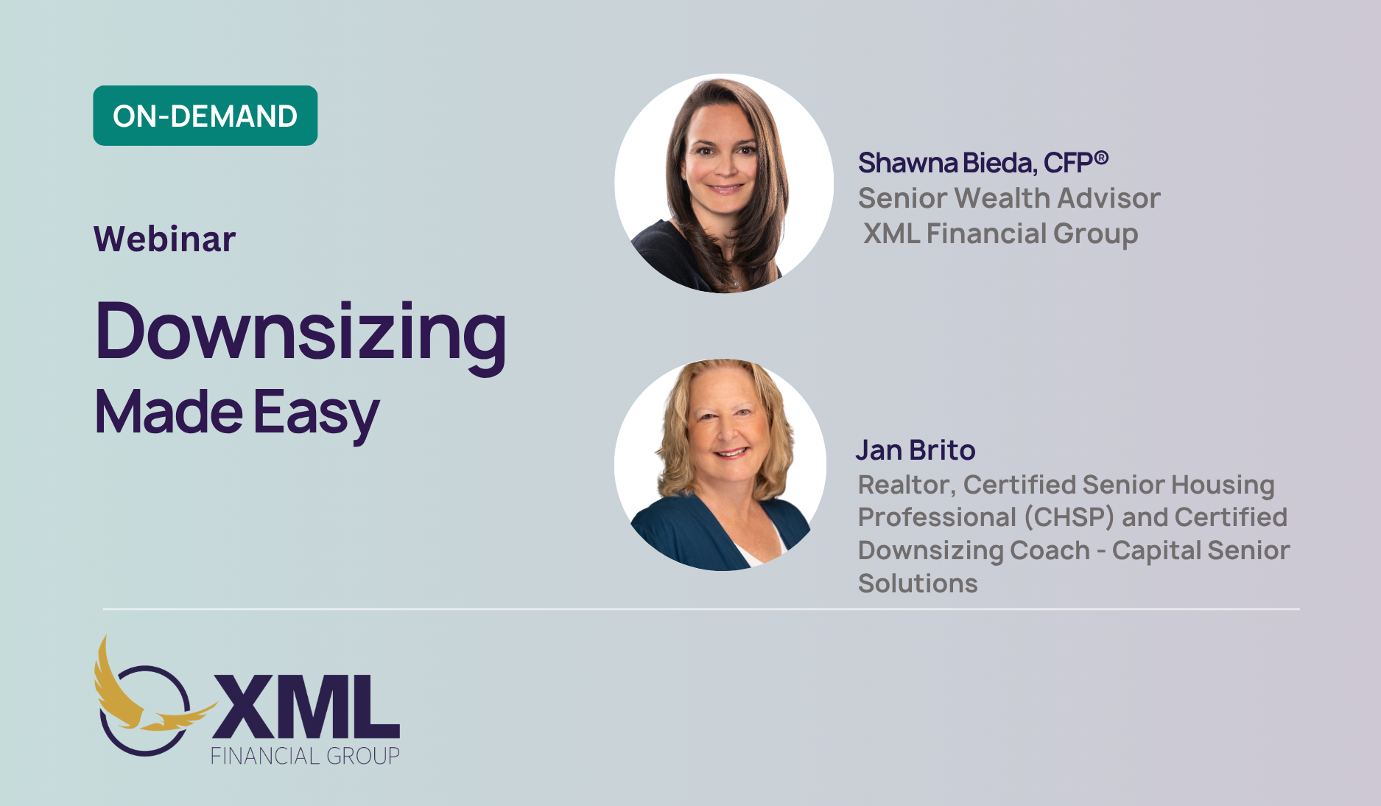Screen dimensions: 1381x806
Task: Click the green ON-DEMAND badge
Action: (x=205, y=116)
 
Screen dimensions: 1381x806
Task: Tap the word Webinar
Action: (x=165, y=239)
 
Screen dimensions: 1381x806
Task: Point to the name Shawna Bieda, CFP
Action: (x=976, y=163)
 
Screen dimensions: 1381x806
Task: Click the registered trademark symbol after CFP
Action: (x=1101, y=157)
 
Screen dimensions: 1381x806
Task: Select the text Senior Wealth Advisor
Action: (x=1009, y=198)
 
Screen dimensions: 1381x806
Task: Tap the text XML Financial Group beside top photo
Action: (x=1000, y=234)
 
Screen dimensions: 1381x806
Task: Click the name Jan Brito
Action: (x=916, y=449)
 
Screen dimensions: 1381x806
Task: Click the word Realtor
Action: (x=907, y=486)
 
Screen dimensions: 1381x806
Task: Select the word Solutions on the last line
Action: (x=918, y=584)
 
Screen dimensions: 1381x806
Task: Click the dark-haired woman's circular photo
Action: (x=724, y=183)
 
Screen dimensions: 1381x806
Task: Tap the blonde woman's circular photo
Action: (x=720, y=465)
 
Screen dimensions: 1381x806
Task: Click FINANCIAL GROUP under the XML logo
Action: (x=305, y=756)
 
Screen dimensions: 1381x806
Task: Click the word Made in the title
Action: (x=169, y=412)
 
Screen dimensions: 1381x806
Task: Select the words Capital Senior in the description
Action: (x=1201, y=550)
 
